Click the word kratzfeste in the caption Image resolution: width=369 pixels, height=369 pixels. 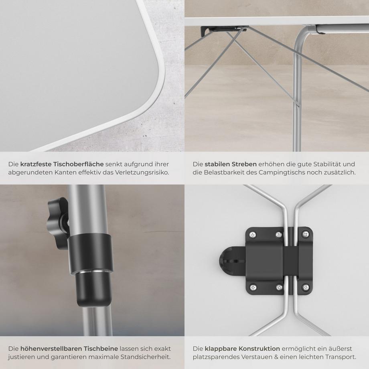pos(36,164)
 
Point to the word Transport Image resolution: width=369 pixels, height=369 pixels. pos(340,357)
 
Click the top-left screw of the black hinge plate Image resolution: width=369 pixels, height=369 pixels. pos(252,235)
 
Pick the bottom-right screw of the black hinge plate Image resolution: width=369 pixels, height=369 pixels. pos(306,287)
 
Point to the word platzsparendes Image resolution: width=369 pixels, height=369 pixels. pos(215,357)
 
